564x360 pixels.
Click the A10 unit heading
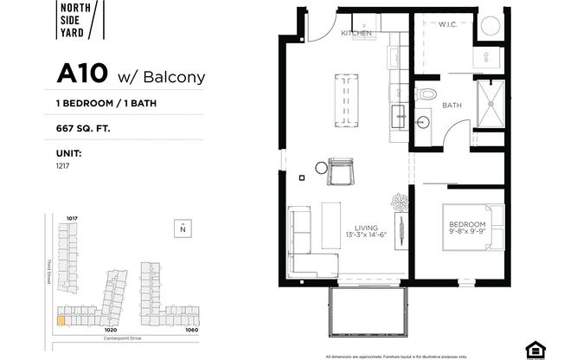[131, 74]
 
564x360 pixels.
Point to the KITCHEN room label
[356, 33]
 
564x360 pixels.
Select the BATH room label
[452, 106]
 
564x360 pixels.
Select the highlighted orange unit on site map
[60, 319]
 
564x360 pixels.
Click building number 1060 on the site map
[191, 329]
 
